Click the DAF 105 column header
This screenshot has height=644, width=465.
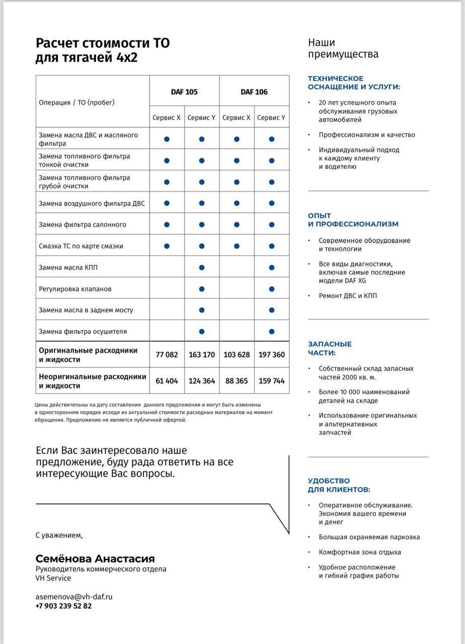184,92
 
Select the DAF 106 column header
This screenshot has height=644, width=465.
254,92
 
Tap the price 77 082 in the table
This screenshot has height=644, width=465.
167,355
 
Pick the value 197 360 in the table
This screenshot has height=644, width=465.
271,355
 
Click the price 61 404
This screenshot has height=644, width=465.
167,381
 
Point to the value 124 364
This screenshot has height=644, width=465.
201,381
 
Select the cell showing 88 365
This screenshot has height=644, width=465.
237,381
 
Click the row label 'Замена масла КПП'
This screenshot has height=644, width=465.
68,268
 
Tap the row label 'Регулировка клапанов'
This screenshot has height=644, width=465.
75,289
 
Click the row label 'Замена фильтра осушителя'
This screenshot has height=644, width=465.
83,332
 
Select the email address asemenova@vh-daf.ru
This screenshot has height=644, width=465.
73,597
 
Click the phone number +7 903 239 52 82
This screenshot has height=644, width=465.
63,606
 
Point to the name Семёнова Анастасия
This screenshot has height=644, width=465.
95,559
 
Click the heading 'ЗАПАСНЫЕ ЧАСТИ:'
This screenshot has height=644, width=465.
330,348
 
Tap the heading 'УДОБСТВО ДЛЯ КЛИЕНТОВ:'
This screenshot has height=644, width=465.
339,485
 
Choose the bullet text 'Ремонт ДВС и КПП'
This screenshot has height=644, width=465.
348,296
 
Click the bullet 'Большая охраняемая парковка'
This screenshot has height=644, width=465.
369,537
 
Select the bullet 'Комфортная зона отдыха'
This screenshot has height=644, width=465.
360,552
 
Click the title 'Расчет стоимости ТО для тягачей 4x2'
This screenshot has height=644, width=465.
102,50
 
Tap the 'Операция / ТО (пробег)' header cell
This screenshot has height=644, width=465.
76,103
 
